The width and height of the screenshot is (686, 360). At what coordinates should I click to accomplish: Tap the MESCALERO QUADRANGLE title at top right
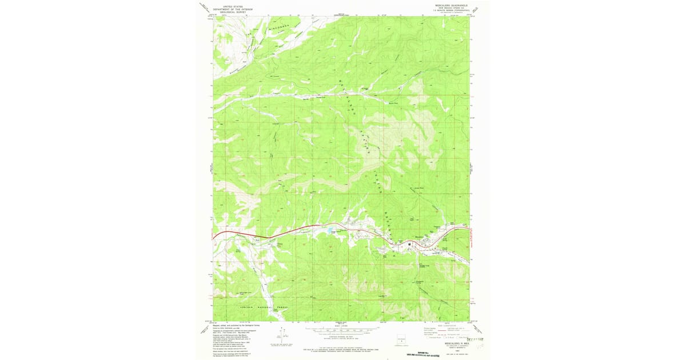coord(452,5)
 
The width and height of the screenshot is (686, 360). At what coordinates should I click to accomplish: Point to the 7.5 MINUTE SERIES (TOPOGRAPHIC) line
coord(452,10)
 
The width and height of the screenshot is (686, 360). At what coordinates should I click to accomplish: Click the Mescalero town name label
coord(420,237)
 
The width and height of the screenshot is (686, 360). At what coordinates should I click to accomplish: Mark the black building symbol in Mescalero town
coord(425,245)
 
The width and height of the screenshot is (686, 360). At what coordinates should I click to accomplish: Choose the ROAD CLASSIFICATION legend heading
coord(446,325)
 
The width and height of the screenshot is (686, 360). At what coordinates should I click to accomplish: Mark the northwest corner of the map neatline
coord(213,16)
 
